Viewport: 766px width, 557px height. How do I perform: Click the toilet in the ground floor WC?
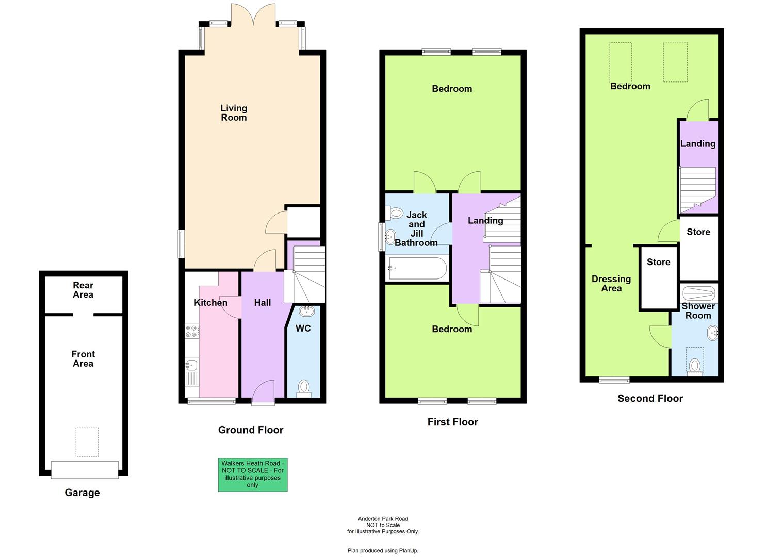(x=304, y=388)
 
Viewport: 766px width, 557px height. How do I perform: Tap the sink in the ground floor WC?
(x=306, y=310)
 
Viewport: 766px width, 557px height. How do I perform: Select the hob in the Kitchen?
(x=192, y=331)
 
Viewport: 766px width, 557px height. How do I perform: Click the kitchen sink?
(x=191, y=365)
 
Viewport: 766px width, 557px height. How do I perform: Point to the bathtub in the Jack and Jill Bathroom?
(x=417, y=269)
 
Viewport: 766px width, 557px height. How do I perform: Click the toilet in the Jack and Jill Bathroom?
(x=395, y=212)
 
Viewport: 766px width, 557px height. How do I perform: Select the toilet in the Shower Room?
(x=695, y=366)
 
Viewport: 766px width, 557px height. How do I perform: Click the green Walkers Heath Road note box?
(x=252, y=474)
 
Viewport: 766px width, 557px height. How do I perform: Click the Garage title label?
(x=82, y=493)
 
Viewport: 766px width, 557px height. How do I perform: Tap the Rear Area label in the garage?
(x=83, y=290)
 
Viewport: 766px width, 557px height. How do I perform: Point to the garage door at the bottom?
(x=85, y=469)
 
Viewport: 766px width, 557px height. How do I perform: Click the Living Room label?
(x=234, y=113)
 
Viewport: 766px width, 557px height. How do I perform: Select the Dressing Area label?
(x=611, y=284)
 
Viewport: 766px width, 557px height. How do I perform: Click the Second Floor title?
(x=650, y=398)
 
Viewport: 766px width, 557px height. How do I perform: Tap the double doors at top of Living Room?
(x=253, y=15)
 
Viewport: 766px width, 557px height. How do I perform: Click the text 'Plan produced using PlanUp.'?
(x=383, y=551)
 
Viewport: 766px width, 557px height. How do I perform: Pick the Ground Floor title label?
(x=251, y=430)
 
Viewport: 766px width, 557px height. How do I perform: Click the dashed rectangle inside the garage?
(x=87, y=441)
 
